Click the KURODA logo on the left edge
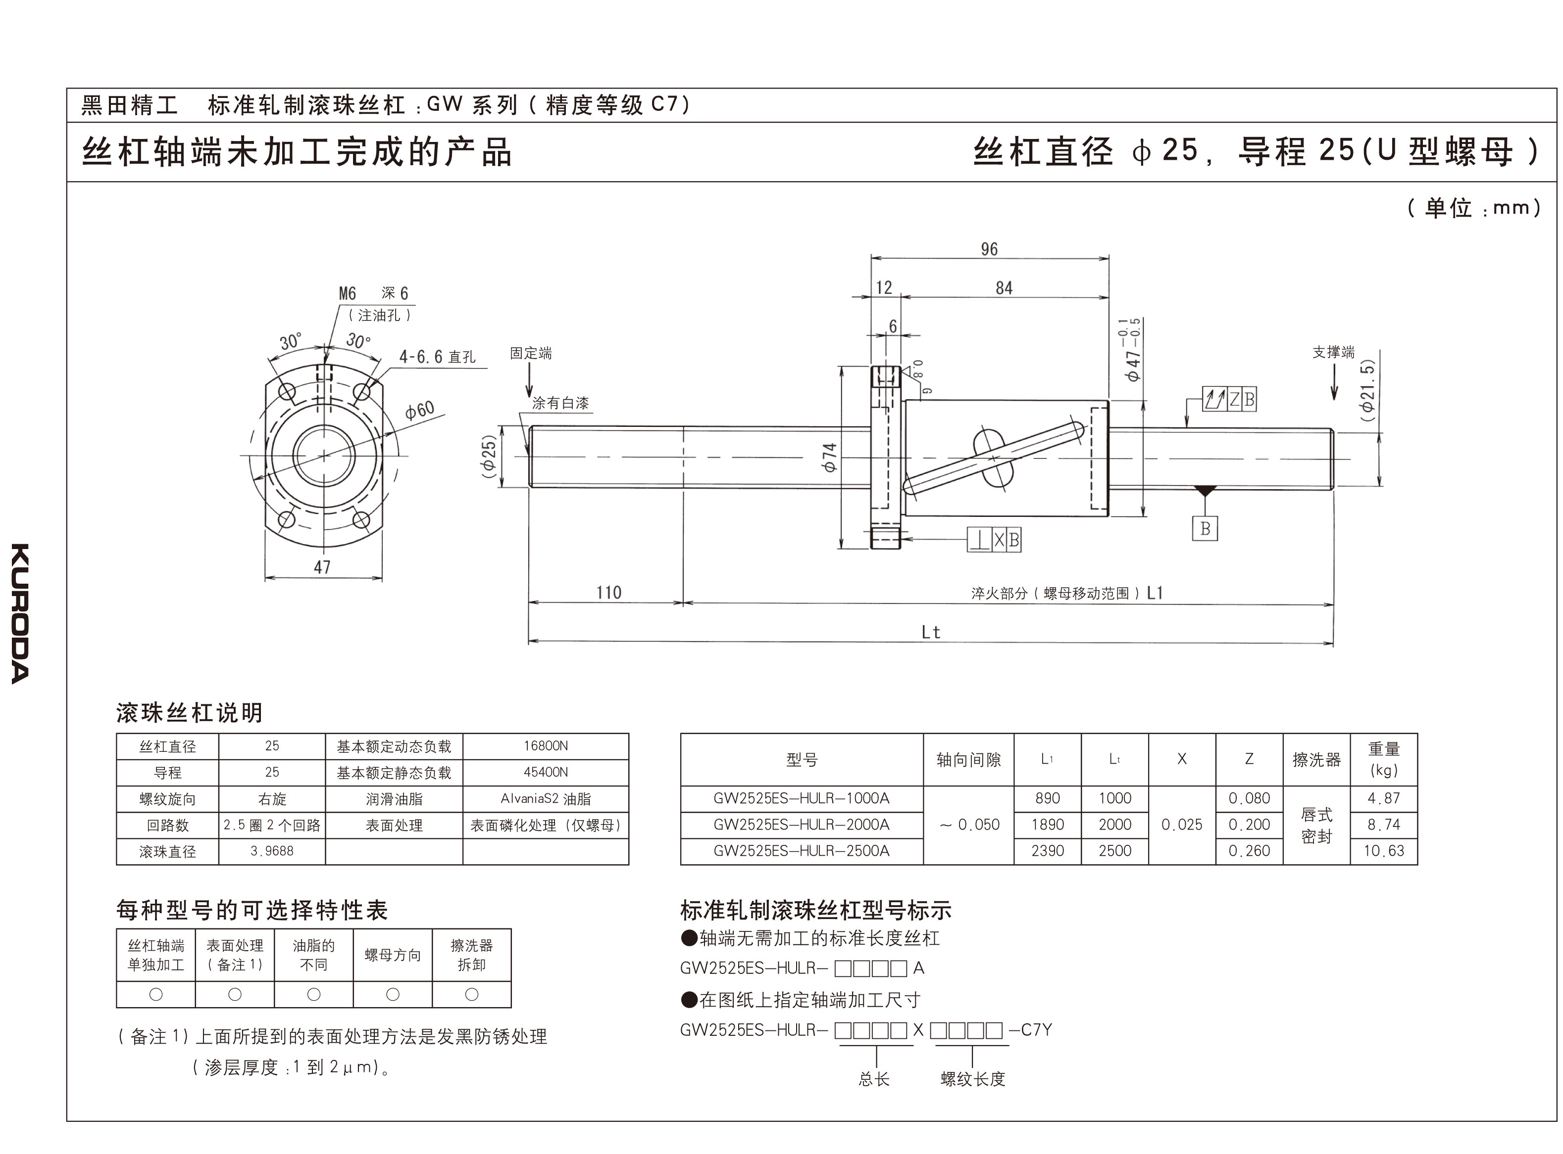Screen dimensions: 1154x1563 [x=20, y=613]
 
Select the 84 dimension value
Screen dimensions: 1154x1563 [x=1004, y=288]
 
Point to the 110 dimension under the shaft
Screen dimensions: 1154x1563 [x=608, y=593]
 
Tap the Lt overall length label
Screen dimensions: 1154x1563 [x=930, y=632]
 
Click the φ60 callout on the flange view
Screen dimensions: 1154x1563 [x=419, y=410]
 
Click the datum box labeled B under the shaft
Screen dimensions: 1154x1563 [x=1205, y=529]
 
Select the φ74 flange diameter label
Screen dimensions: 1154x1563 [x=830, y=458]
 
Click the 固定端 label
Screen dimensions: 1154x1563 [x=531, y=354]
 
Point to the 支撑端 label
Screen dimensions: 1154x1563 [x=1333, y=352]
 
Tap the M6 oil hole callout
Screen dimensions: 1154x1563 [x=348, y=293]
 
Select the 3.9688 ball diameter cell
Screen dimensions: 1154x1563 [x=272, y=851]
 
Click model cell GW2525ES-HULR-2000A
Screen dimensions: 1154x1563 [x=801, y=824]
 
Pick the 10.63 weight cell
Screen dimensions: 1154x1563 [x=1383, y=851]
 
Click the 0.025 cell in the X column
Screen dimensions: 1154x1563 [x=1181, y=824]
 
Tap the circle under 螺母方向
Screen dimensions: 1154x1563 [x=392, y=994]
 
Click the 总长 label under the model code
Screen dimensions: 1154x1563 [x=874, y=1079]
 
